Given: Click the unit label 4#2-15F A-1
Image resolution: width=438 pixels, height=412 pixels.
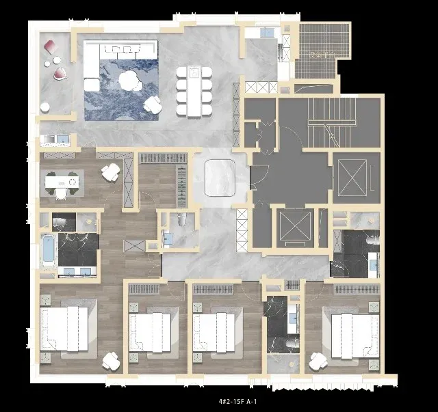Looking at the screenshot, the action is pos(237,401).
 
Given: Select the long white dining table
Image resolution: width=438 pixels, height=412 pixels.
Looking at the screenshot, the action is pos(194,92).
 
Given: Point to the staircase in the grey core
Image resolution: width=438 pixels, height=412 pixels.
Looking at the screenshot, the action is pos(332,122).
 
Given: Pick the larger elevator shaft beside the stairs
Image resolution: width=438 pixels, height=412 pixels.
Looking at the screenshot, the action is pos(352,178).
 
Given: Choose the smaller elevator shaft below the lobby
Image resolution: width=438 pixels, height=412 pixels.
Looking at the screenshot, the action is pos(295,227).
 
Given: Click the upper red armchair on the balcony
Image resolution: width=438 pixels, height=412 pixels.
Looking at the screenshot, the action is pos(51,47).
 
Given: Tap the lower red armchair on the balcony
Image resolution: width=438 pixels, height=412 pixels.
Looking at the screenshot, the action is pos(60,74).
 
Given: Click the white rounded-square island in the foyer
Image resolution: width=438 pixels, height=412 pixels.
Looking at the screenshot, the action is pos(220,178).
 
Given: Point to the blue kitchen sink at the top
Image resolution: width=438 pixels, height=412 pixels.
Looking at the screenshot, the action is pos(267,32).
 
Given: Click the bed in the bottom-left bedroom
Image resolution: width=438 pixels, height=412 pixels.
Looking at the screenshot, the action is pos(64,329).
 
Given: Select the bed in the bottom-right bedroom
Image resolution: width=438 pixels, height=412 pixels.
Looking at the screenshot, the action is pos(355,336).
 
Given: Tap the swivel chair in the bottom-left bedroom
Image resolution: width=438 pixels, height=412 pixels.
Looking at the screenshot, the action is pos(111,361).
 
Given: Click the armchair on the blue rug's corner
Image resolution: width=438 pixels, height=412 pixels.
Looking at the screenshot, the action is pos(153,105).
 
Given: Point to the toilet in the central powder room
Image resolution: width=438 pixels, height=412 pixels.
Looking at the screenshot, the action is pos(181,219).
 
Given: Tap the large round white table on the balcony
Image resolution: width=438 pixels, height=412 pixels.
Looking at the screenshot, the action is pos(44,107).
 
